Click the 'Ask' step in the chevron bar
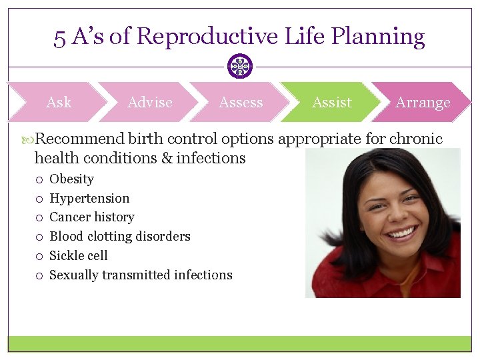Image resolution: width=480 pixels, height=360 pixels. tap(59, 103)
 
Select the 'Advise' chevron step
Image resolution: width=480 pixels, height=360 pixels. tap(149, 103)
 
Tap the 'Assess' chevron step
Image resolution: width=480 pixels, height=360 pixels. tap(241, 103)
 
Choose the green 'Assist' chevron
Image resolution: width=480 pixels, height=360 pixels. tap(331, 103)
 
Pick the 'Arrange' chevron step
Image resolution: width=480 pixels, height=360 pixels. tap(423, 103)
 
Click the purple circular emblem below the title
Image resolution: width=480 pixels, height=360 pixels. tap(240, 66)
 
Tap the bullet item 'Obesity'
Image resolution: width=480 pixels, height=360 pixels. tap(71, 179)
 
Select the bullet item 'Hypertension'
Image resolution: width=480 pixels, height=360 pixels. tap(89, 198)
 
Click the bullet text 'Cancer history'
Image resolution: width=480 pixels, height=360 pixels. tap(92, 217)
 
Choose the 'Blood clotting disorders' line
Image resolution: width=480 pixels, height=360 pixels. tap(120, 237)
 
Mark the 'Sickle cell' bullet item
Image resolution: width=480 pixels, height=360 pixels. tap(79, 256)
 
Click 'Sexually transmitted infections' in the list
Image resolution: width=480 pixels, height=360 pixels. tap(141, 275)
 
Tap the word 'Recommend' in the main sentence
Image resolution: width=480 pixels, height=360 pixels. tap(79, 139)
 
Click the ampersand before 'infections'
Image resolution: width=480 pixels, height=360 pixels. tap(166, 159)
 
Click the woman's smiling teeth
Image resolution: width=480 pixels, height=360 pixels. tap(401, 233)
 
